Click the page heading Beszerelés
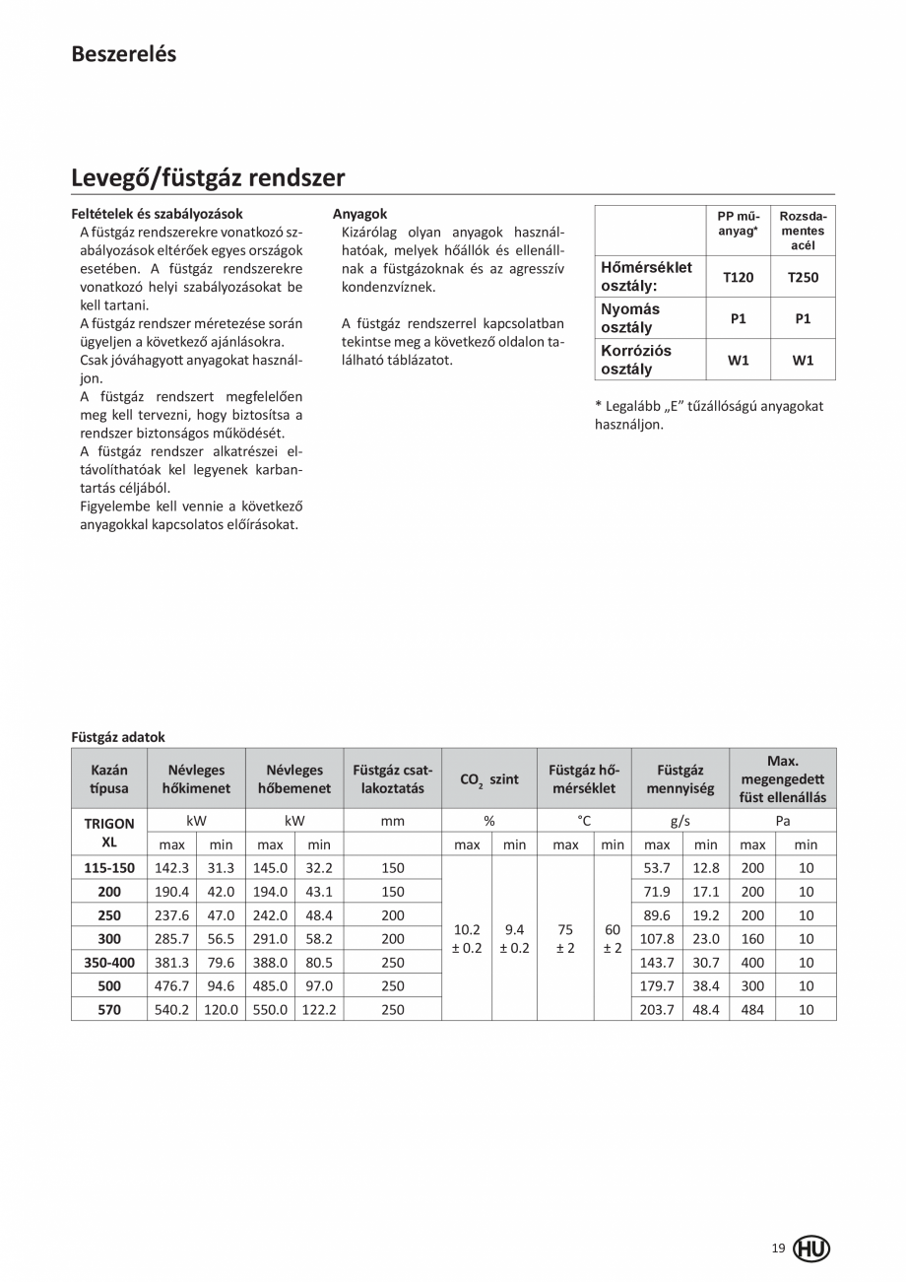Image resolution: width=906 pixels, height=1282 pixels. [x=123, y=54]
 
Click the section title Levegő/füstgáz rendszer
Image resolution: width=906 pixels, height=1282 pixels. [x=208, y=178]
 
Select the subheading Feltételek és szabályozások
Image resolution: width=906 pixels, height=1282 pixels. [x=157, y=214]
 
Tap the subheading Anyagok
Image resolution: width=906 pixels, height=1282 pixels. [x=359, y=214]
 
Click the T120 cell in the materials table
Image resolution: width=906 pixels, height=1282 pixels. [x=738, y=278]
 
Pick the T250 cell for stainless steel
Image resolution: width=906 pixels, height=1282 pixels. [x=803, y=278]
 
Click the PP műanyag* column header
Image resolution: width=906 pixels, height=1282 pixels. [x=738, y=224]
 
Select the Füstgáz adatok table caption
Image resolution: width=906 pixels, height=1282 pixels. [x=118, y=737]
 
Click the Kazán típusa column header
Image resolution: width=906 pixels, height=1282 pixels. [x=109, y=778]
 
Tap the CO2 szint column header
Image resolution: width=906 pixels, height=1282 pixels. [x=488, y=779]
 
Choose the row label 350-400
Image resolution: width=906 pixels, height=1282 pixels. [x=109, y=962]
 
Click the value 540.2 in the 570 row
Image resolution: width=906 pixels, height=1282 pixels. [x=171, y=1009]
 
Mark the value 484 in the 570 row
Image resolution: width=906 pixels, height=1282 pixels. [x=751, y=1009]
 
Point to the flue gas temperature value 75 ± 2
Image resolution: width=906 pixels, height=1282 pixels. [x=565, y=938]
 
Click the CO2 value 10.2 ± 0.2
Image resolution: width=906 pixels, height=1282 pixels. [x=467, y=938]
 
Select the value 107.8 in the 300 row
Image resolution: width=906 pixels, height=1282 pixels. [x=656, y=938]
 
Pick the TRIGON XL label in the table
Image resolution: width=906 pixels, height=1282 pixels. [x=109, y=833]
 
